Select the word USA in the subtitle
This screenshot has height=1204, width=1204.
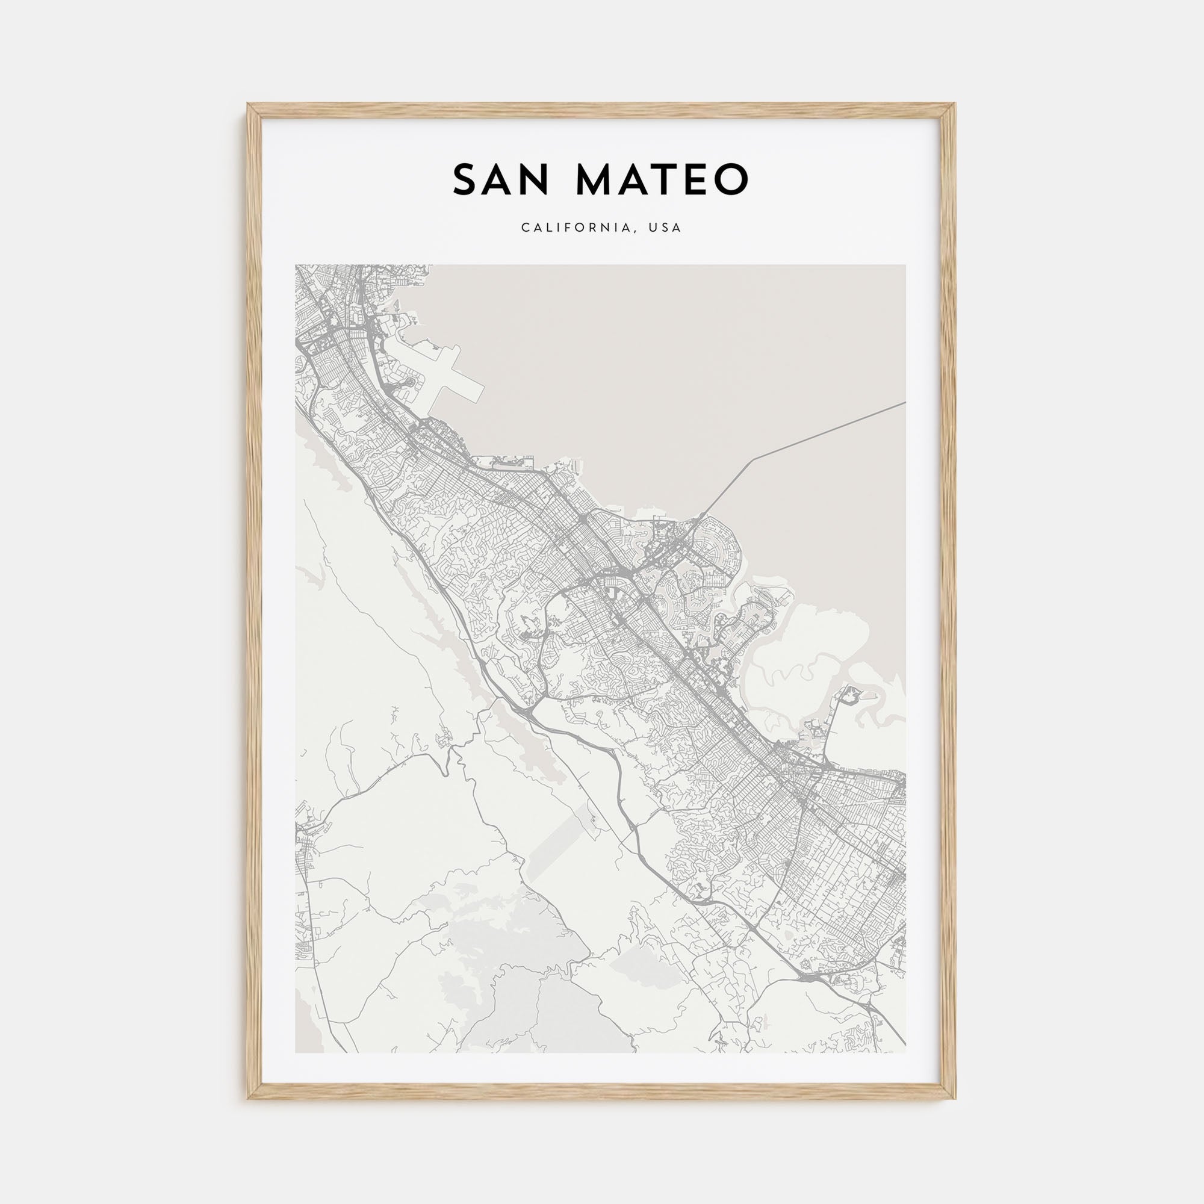click(666, 228)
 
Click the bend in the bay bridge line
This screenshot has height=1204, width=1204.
click(755, 459)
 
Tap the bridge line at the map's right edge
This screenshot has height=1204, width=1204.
click(904, 403)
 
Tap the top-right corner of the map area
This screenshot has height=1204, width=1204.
click(905, 265)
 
